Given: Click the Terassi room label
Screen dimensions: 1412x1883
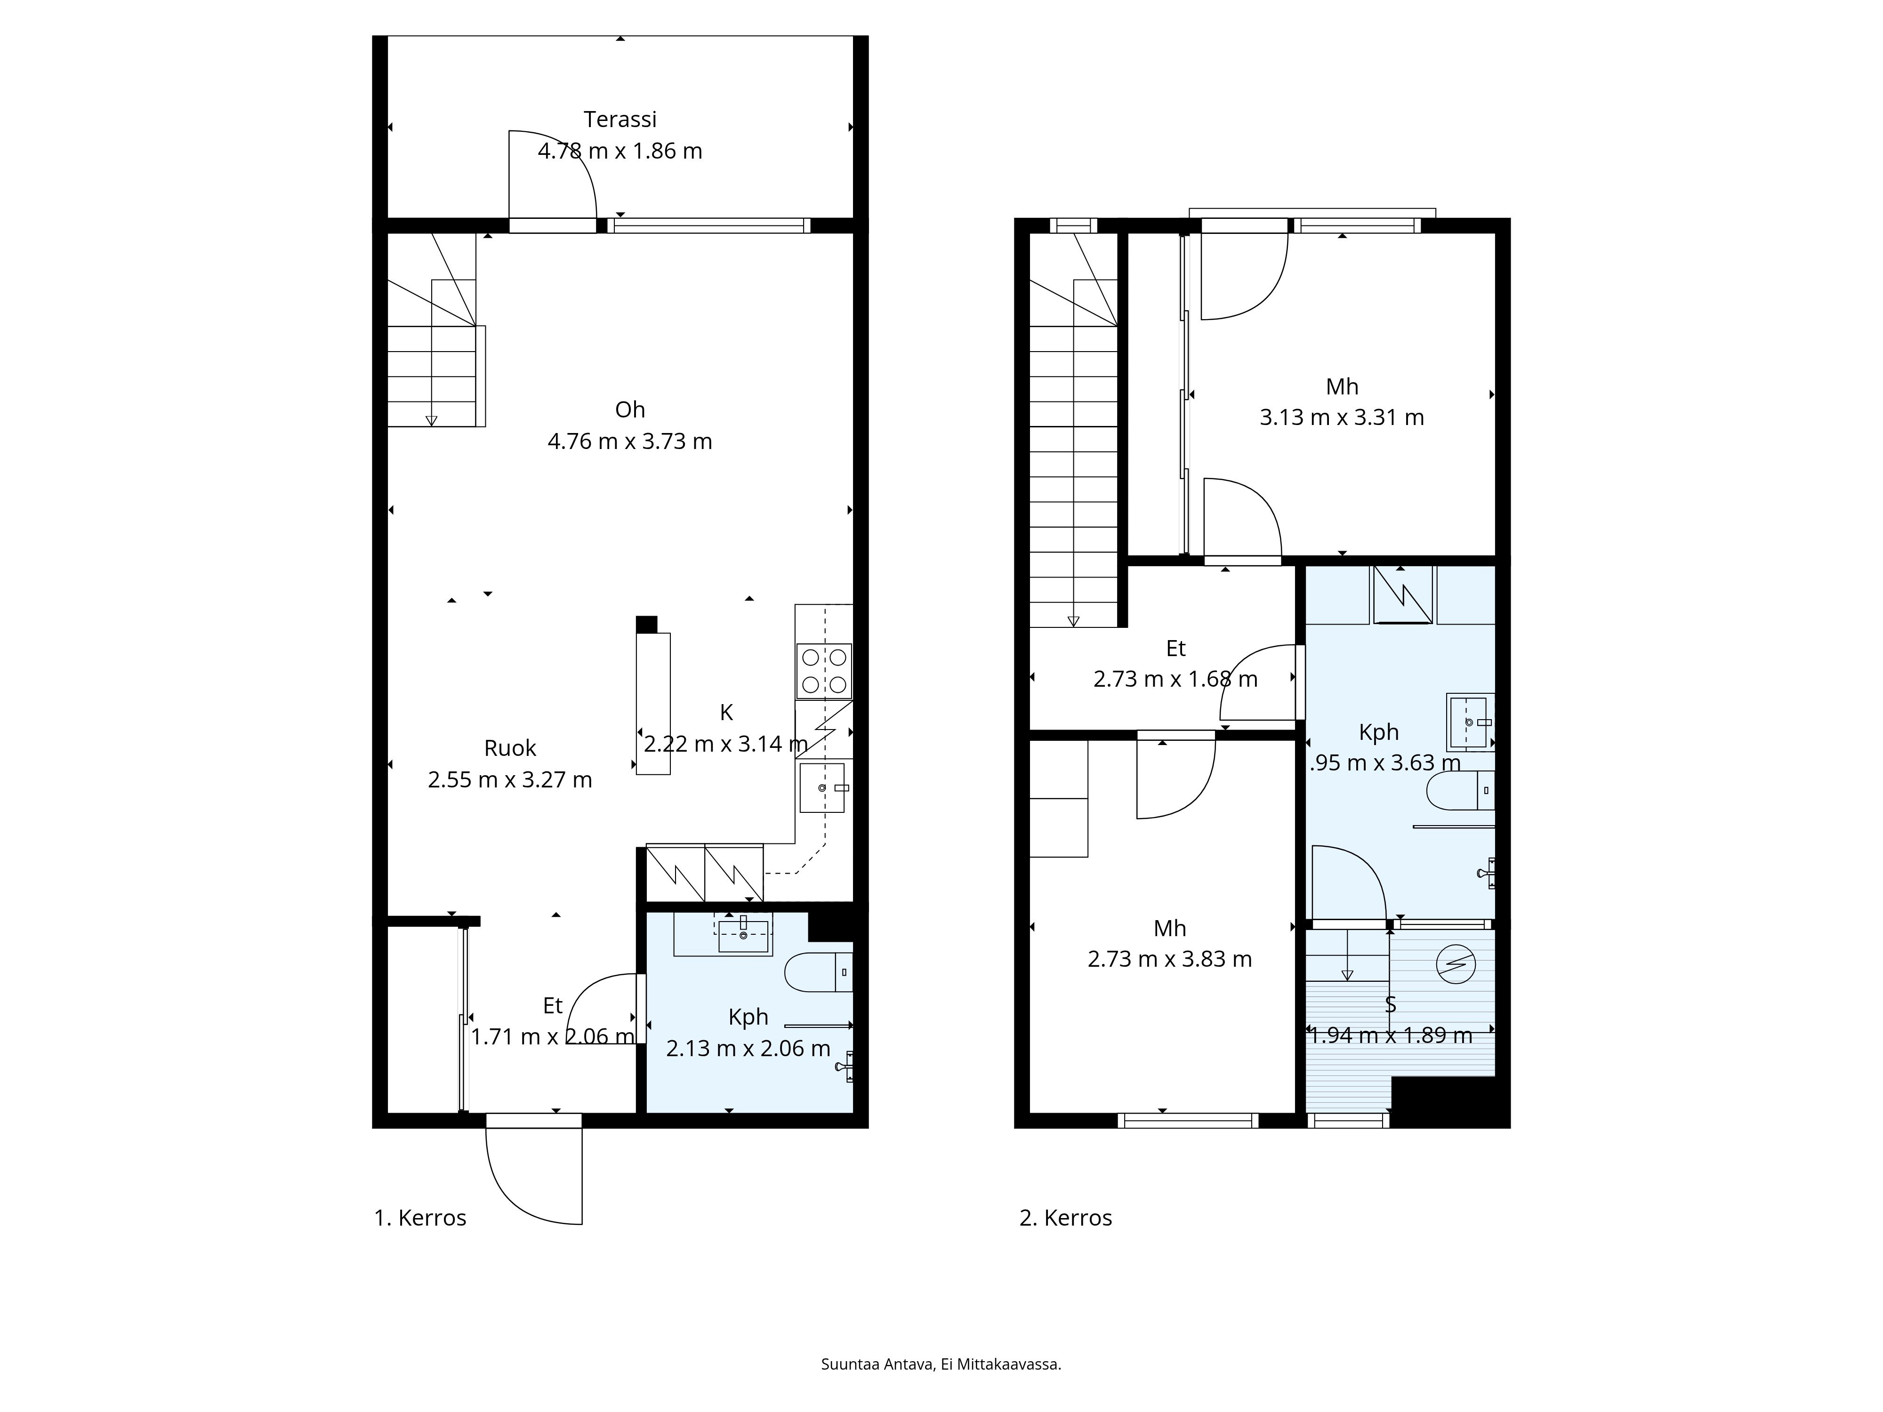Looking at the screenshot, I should coord(620,119).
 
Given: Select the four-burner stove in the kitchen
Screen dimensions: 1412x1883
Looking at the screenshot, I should coord(824,671).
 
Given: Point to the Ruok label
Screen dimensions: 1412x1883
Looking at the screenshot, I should coord(510,748).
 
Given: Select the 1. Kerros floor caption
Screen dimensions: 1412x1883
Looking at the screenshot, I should coord(420,1218).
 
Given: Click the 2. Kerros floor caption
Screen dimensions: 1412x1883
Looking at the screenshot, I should coord(1066,1218).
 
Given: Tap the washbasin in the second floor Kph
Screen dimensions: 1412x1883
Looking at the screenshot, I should coord(1468,722).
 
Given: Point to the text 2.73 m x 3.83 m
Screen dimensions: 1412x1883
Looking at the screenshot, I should coord(1170,959).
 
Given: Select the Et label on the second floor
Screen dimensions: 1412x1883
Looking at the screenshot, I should coord(1175,649).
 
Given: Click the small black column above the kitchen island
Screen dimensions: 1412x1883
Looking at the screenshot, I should coord(646,624).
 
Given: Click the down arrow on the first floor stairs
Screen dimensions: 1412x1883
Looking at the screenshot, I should coord(432,420).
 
